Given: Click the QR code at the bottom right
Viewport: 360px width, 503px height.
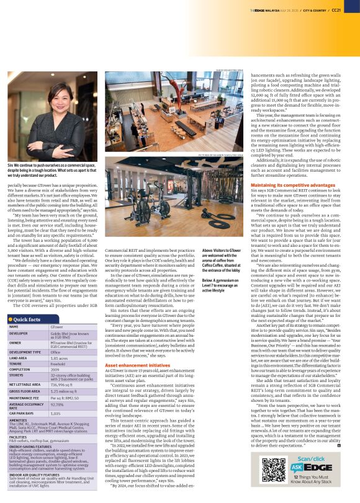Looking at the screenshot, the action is (x=274, y=477).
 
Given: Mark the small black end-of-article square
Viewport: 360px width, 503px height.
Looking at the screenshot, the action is (x=339, y=445).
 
